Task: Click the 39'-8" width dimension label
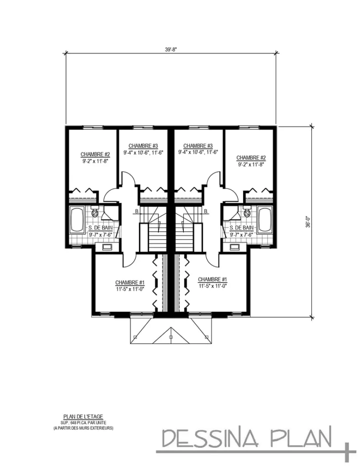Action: [x=171, y=50]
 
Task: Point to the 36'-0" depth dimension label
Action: [x=309, y=222]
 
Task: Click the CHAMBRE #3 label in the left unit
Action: [x=142, y=146]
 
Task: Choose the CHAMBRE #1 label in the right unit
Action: [x=213, y=279]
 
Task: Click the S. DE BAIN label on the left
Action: [x=101, y=228]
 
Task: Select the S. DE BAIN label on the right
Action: [x=242, y=228]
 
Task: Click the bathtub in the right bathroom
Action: [x=264, y=220]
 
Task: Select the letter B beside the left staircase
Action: [x=136, y=212]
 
